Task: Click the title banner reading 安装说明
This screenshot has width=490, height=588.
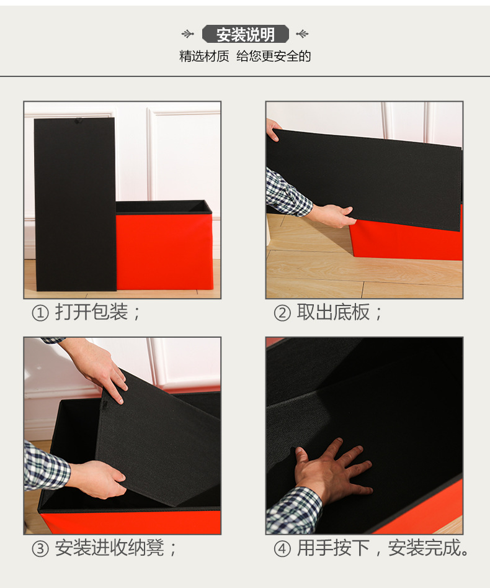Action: pos(245,34)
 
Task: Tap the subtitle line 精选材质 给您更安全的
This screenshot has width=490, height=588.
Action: pos(245,57)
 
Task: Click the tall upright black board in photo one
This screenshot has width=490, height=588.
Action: pos(74,205)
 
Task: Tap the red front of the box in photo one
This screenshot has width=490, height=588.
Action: pos(164,251)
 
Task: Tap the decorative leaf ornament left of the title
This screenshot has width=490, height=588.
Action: pos(188,34)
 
